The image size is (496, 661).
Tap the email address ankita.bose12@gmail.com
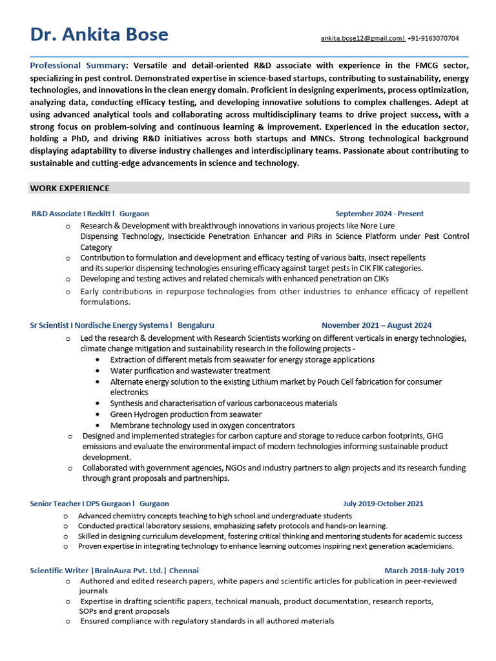362,39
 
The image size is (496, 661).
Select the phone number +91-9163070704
433,39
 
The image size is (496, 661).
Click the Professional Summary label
77,66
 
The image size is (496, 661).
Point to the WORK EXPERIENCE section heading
70,188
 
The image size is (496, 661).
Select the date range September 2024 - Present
379,214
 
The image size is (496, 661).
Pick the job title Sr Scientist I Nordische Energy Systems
101,325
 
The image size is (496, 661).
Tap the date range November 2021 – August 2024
377,325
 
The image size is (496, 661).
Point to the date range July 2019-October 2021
383,503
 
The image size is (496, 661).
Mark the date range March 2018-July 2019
424,571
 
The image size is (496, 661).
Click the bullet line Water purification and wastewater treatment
190,371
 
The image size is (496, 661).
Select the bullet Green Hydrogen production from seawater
186,414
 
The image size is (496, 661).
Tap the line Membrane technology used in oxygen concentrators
202,425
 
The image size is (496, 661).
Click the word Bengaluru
196,325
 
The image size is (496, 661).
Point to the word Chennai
184,571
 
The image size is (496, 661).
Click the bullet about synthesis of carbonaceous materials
223,403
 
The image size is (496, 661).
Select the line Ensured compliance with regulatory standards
207,621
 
